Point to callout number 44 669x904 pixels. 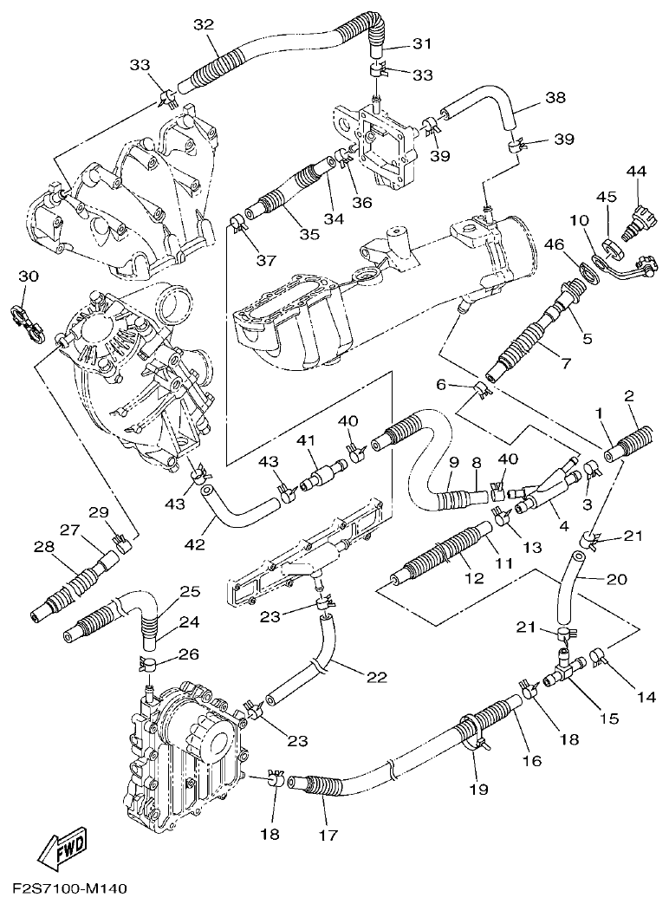click(637, 173)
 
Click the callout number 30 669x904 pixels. click(29, 276)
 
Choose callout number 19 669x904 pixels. click(478, 789)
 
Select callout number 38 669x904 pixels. click(555, 99)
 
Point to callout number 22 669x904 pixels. click(376, 677)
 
